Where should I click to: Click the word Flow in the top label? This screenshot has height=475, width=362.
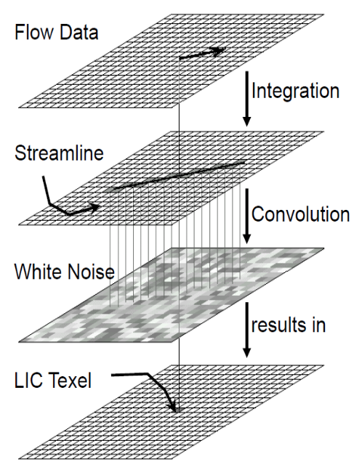[33, 33]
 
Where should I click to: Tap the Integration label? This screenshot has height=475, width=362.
[295, 91]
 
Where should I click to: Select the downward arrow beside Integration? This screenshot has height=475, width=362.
[247, 99]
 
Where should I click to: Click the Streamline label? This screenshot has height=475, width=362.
[59, 153]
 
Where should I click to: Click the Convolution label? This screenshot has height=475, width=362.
[300, 214]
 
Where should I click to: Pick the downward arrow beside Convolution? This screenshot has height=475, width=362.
[247, 216]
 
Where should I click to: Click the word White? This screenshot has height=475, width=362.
[38, 272]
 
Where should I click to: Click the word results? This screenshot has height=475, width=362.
[278, 325]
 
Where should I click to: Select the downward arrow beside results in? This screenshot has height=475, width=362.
[247, 330]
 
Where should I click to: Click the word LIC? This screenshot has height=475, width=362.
[28, 381]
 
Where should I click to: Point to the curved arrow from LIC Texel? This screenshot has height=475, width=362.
[152, 378]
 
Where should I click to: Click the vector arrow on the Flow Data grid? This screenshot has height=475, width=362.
[203, 53]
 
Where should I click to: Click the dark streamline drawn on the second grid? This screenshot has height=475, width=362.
[175, 176]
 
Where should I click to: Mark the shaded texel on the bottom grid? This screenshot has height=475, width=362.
[179, 410]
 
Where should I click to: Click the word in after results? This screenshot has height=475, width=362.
[318, 325]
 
